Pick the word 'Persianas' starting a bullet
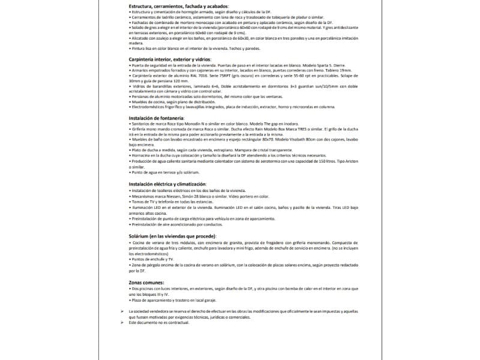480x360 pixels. pyautogui.click(x=142, y=96)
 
